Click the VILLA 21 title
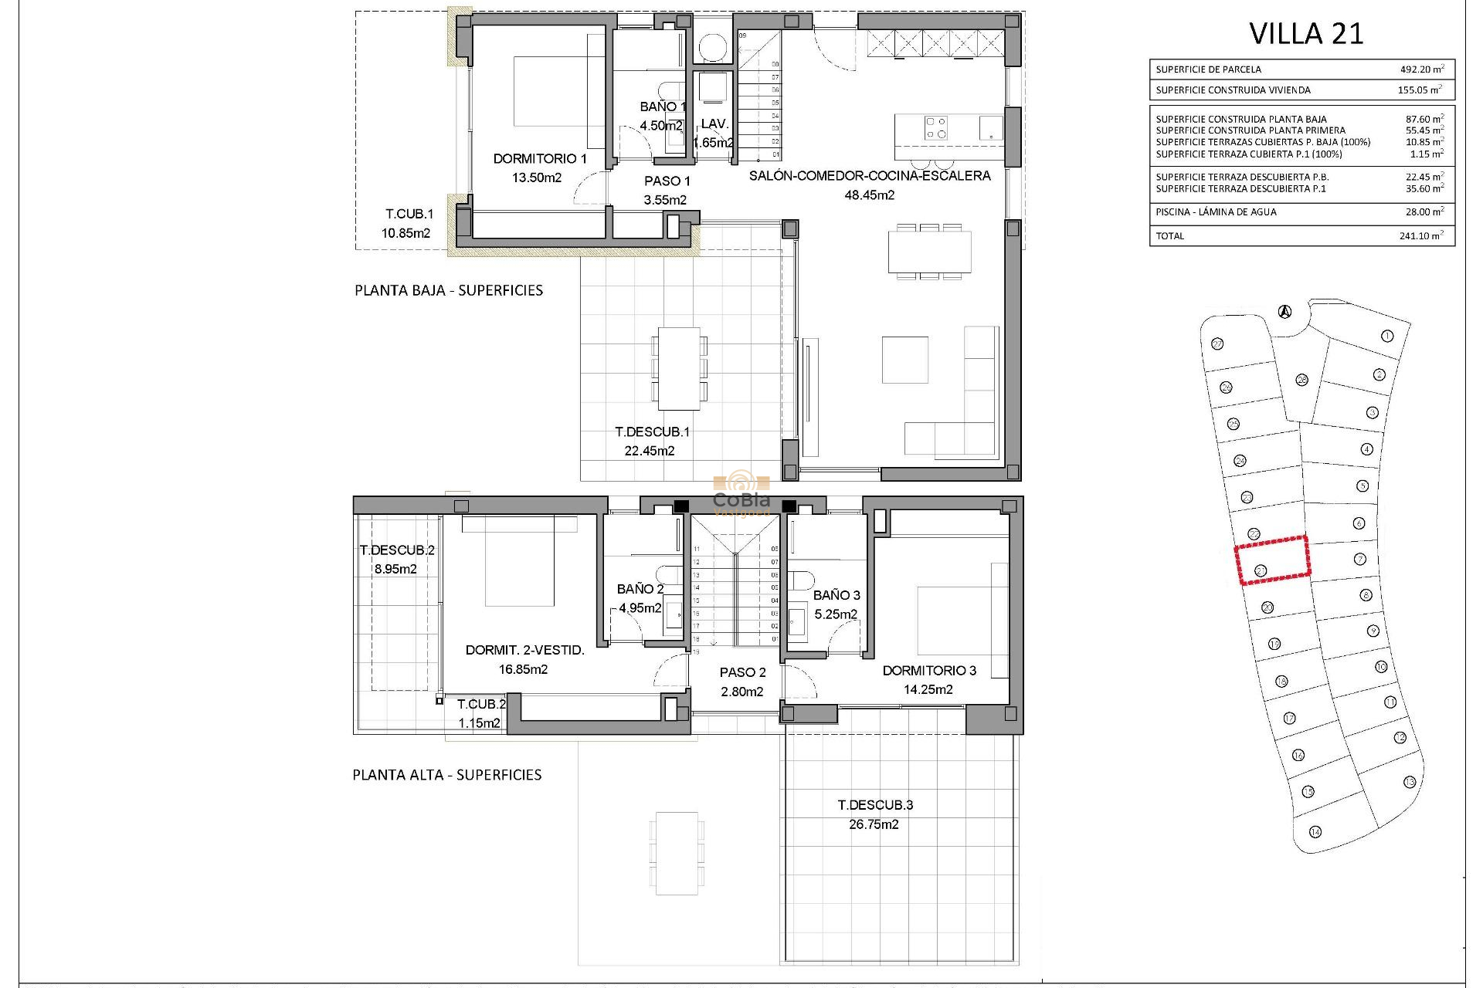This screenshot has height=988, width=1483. [1306, 34]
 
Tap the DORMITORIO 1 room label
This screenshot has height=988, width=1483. [540, 159]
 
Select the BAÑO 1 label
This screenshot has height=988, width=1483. [663, 107]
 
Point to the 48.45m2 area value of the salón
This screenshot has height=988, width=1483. [870, 195]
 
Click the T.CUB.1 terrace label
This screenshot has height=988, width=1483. [409, 215]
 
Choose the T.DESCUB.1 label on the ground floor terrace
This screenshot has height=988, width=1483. [652, 432]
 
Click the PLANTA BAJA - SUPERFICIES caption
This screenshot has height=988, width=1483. [449, 291]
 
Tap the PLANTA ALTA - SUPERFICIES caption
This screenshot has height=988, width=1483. [447, 775]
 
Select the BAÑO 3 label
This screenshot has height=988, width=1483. [837, 595]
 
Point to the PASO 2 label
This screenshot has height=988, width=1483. [742, 673]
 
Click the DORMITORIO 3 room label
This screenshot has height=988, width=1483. [929, 671]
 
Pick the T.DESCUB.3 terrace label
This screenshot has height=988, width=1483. [875, 805]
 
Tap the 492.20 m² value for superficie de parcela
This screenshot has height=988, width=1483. [1421, 69]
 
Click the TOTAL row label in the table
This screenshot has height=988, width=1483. [1169, 236]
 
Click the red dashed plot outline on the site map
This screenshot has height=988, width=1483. [1273, 559]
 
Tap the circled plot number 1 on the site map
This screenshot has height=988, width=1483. [1387, 336]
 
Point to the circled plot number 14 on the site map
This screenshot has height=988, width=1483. [1315, 831]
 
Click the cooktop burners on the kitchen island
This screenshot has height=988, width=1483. [936, 127]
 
